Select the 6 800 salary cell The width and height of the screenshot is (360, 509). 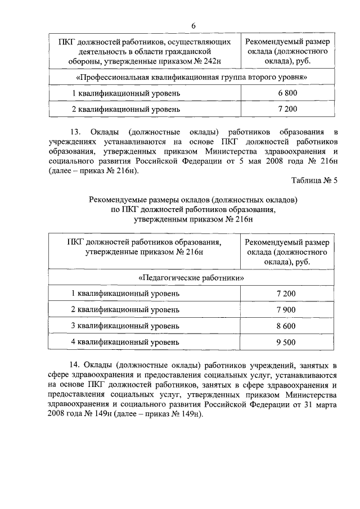tap(287, 93)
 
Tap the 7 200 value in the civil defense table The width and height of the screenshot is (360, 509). tap(287, 109)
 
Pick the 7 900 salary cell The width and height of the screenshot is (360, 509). tap(287, 309)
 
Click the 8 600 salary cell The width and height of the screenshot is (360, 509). tap(287, 326)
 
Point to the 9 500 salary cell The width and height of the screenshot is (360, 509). tap(287, 342)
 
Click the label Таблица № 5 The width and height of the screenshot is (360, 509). tap(314, 180)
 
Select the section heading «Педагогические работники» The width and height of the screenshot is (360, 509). tap(191, 278)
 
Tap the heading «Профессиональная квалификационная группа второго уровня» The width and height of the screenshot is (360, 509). tap(191, 76)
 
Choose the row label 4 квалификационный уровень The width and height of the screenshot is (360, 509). tap(125, 342)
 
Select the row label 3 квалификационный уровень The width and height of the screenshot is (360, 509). tap(125, 326)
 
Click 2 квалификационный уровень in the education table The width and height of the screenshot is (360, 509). tap(125, 309)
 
